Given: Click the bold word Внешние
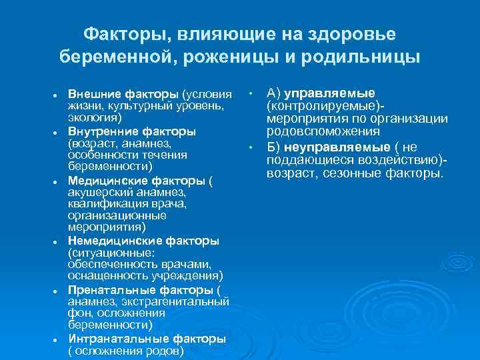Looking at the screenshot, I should (90, 93).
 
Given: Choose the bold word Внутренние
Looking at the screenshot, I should (99, 131).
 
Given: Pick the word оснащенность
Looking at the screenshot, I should (103, 275).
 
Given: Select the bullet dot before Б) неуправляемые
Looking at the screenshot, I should (251, 147).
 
